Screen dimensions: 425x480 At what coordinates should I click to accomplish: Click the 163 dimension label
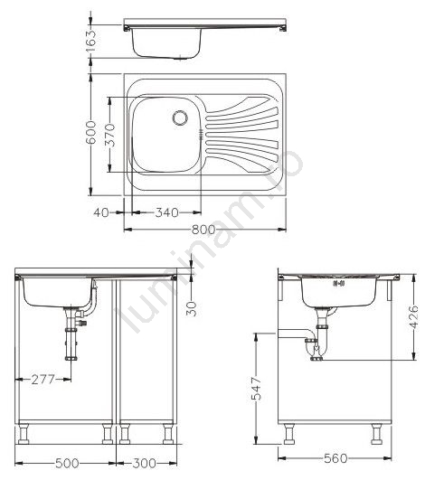(91, 41)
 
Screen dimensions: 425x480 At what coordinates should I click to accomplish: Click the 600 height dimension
(91, 132)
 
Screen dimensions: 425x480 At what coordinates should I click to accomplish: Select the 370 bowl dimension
(109, 135)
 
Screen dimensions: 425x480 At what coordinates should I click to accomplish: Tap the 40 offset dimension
(101, 212)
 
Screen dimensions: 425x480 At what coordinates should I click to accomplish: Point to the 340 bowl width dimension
(167, 212)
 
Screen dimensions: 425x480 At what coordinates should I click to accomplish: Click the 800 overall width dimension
(203, 230)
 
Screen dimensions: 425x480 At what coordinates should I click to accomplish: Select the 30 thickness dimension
(192, 309)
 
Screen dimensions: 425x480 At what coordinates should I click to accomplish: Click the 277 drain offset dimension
(43, 380)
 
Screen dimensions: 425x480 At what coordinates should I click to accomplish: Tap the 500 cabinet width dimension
(67, 463)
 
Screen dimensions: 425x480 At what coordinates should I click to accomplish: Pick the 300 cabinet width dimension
(144, 463)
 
